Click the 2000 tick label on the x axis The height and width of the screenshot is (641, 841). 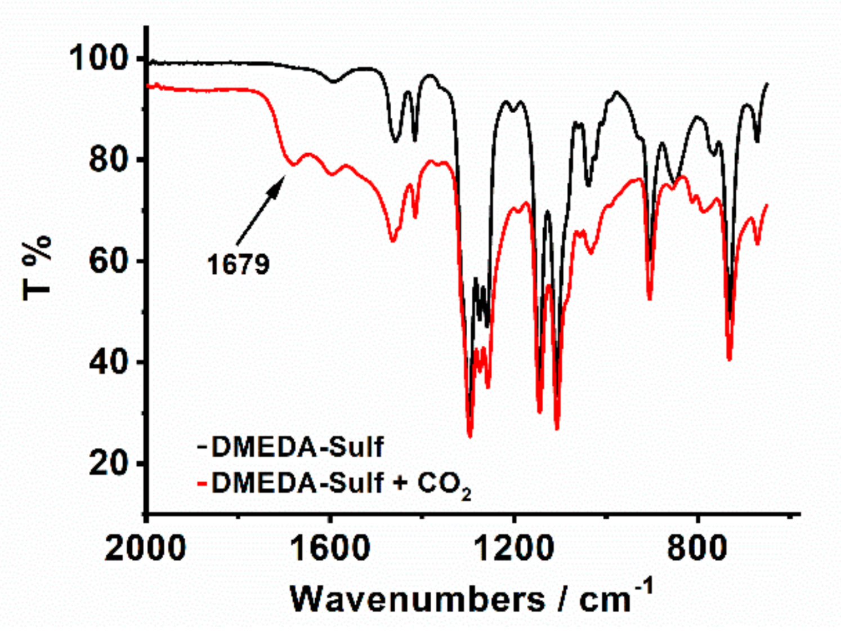(x=145, y=548)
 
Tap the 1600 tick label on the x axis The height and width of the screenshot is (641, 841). (x=330, y=548)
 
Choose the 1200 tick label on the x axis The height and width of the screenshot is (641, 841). (x=513, y=548)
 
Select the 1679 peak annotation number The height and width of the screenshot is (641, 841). (x=238, y=265)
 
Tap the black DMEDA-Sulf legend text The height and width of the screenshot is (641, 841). (x=297, y=447)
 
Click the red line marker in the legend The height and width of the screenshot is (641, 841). (x=203, y=483)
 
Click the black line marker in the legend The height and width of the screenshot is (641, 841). (x=203, y=447)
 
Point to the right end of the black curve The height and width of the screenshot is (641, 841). (x=767, y=83)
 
